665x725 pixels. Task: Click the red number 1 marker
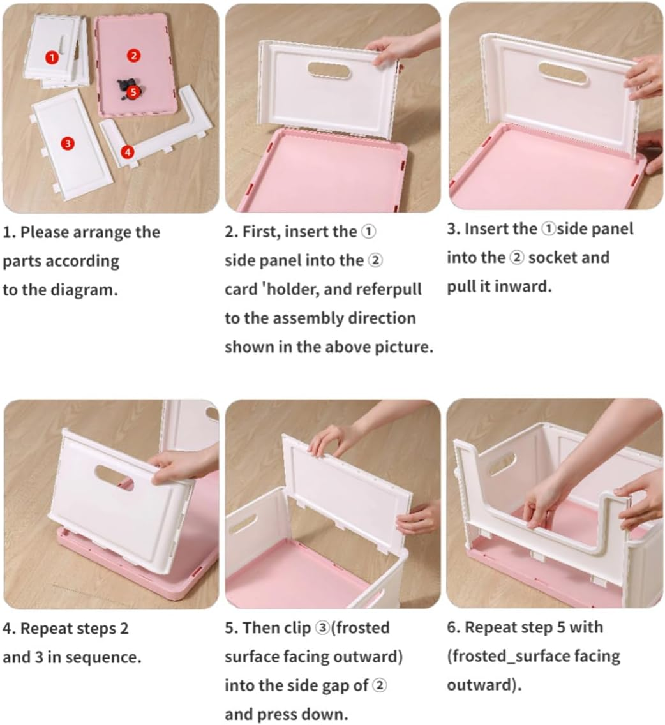tap(52, 57)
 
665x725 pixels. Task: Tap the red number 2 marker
tap(133, 56)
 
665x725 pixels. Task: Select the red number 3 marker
tap(68, 144)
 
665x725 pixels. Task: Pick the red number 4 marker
tap(128, 152)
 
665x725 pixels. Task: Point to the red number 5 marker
tap(133, 91)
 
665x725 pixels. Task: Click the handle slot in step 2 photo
tap(329, 71)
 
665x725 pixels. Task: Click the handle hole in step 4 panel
tap(114, 477)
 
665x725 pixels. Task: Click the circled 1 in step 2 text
tap(369, 232)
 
